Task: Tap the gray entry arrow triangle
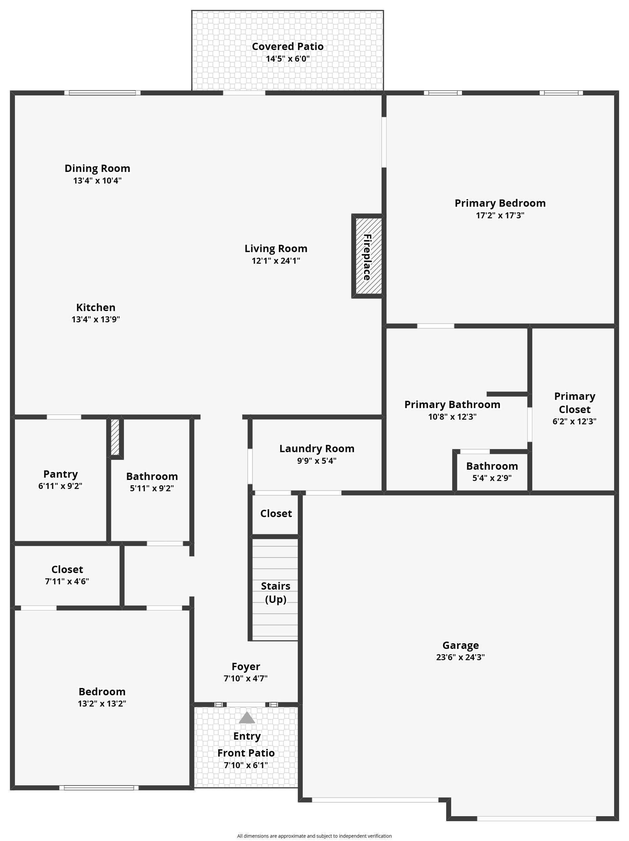pyautogui.click(x=247, y=718)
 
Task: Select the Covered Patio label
pyautogui.click(x=288, y=46)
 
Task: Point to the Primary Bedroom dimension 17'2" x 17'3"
pyautogui.click(x=500, y=215)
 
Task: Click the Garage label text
pyautogui.click(x=460, y=645)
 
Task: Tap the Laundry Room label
pyautogui.click(x=317, y=449)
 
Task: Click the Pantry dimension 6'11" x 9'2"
pyautogui.click(x=60, y=486)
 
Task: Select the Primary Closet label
pyautogui.click(x=574, y=403)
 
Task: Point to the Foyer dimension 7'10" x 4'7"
pyautogui.click(x=246, y=678)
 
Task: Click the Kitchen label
pyautogui.click(x=95, y=307)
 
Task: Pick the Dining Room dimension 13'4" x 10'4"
pyautogui.click(x=97, y=180)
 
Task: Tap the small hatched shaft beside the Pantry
pyautogui.click(x=115, y=437)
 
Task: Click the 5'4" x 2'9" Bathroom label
pyautogui.click(x=492, y=466)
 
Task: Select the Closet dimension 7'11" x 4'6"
pyautogui.click(x=67, y=581)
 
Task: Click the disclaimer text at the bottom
pyautogui.click(x=314, y=836)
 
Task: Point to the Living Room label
pyautogui.click(x=276, y=248)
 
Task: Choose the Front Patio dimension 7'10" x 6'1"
pyautogui.click(x=246, y=765)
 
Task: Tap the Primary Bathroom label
pyautogui.click(x=452, y=404)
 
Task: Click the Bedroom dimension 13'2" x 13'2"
pyautogui.click(x=102, y=703)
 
